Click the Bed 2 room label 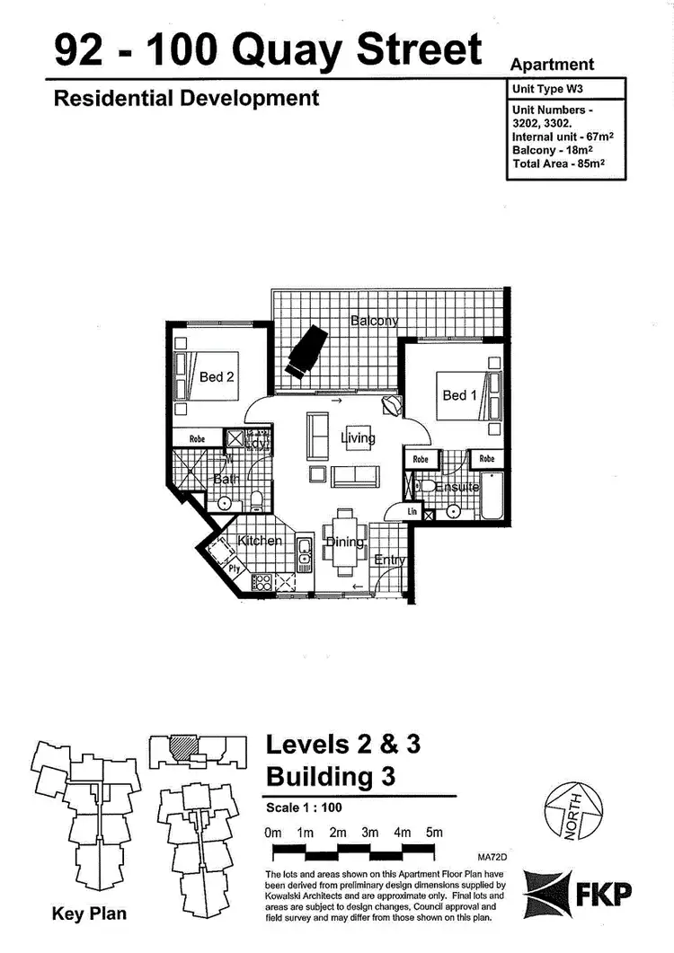(217, 377)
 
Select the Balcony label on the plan (374, 321)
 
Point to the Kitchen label (260, 541)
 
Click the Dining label (344, 543)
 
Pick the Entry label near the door (390, 560)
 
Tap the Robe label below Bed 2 (197, 439)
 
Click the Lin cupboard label (412, 512)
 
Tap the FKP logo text (609, 894)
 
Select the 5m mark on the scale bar (434, 833)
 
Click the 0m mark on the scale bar (274, 833)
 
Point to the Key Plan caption (89, 914)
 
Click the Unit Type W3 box (565, 88)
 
